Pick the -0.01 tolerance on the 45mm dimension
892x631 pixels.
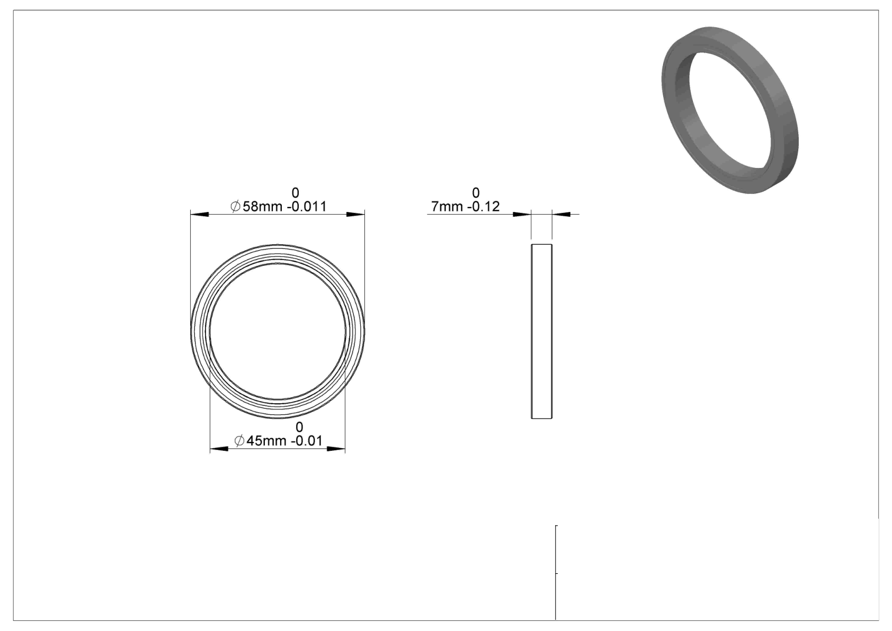coord(307,441)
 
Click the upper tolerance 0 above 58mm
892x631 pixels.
coord(295,193)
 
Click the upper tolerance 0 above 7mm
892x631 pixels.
coord(476,193)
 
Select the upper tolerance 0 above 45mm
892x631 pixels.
coord(299,427)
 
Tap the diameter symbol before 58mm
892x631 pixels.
coord(235,206)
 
